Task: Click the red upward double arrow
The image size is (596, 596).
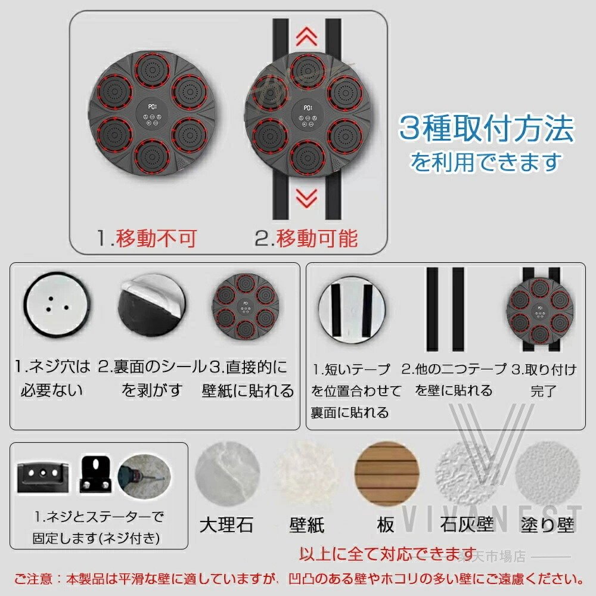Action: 306,36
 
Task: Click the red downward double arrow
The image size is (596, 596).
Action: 306,198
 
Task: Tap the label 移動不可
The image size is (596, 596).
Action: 156,238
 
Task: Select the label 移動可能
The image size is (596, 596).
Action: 316,238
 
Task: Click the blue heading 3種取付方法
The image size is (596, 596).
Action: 486,129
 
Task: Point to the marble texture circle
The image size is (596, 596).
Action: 228,474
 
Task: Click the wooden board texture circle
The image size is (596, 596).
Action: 387,474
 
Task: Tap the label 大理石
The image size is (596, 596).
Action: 226,525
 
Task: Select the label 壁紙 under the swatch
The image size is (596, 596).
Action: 307,525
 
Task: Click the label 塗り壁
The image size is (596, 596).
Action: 547,525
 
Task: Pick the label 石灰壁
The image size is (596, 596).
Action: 467,525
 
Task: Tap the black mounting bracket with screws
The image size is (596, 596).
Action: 95,474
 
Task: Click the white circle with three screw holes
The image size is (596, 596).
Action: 57,305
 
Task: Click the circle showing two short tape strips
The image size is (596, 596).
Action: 352,310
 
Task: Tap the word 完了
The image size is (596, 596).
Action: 544,391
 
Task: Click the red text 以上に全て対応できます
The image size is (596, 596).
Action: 388,554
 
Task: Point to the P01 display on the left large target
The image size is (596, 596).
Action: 153,107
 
